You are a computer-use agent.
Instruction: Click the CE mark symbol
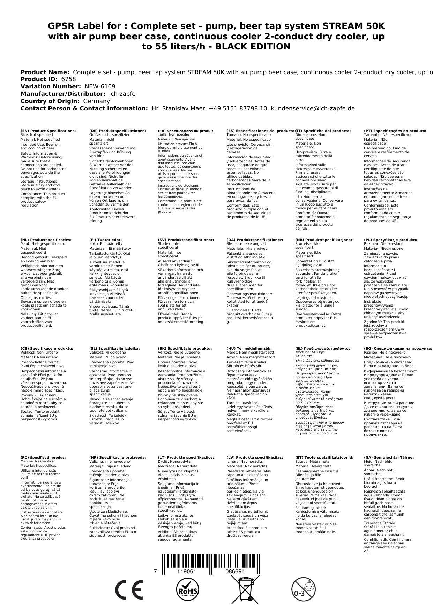click(129, 589)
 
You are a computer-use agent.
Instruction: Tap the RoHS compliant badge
click(187, 589)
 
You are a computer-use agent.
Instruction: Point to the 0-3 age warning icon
click(303, 589)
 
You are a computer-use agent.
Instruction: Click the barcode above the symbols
click(211, 563)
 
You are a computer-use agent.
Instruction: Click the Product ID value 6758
click(68, 79)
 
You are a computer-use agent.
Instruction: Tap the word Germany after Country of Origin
click(96, 101)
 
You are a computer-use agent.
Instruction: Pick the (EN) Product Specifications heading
click(48, 131)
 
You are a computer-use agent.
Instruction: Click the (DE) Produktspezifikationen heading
click(118, 131)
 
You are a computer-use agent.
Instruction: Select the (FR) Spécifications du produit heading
click(186, 131)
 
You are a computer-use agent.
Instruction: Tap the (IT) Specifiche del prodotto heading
click(323, 131)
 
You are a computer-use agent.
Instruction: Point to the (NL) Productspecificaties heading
click(46, 240)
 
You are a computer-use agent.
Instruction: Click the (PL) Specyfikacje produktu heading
click(391, 240)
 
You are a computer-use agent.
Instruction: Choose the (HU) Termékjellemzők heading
click(249, 348)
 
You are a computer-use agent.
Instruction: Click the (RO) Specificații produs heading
click(43, 457)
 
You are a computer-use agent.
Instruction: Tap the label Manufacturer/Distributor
click(63, 94)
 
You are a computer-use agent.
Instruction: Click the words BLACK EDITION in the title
click(253, 47)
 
